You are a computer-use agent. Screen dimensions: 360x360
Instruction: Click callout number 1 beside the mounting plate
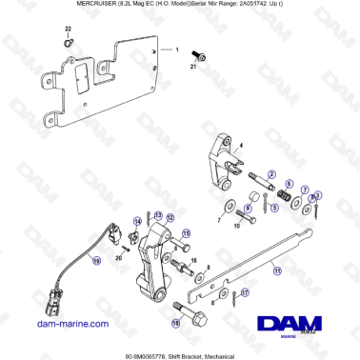pos(176,48)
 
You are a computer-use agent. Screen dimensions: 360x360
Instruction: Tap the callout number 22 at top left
pos(67,32)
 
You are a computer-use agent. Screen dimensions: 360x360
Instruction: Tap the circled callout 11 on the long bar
pos(277,270)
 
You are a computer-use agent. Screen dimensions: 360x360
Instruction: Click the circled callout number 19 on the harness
pos(96,260)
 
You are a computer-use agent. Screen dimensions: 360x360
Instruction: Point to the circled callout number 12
pos(171,218)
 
